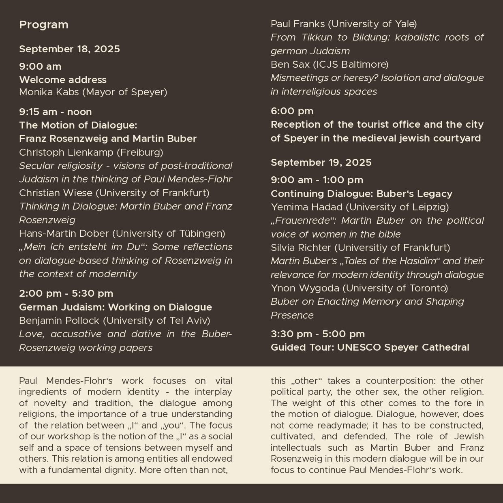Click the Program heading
click(44, 25)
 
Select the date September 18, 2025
click(69, 49)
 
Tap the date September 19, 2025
click(321, 163)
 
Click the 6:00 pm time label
click(292, 111)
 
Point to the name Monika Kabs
click(49, 92)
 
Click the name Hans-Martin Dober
click(64, 233)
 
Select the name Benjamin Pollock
click(59, 321)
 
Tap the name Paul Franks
click(298, 24)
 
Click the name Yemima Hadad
click(306, 207)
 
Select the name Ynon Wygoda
click(305, 288)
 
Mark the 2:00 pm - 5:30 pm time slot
click(66, 293)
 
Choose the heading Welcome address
click(63, 79)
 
